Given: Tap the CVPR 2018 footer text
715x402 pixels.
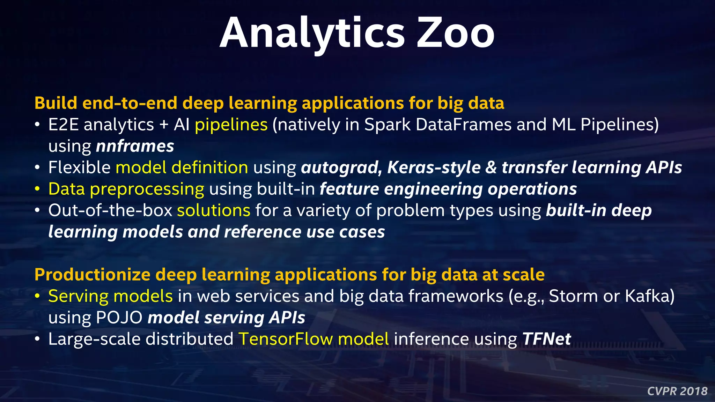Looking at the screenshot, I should click(677, 391).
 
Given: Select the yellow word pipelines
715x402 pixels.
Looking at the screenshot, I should click(231, 125).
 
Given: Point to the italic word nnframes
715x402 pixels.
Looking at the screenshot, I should click(135, 146).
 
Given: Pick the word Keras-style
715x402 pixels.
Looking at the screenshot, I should click(434, 167).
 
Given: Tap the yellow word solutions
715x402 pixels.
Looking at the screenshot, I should click(214, 210).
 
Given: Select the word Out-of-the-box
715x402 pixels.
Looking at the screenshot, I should click(110, 210).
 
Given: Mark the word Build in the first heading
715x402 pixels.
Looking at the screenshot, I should click(56, 103).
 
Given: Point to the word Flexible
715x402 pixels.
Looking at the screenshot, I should click(80, 167).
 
